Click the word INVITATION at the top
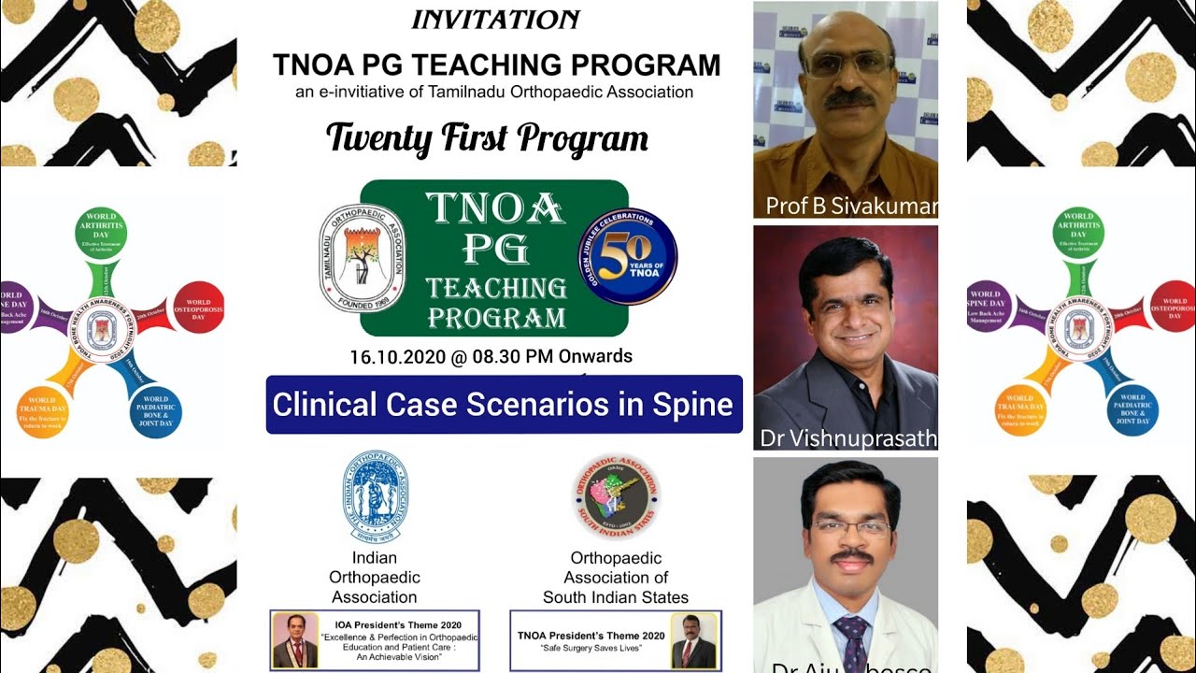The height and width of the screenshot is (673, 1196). point(495,20)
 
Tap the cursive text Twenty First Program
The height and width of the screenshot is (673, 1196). point(487,139)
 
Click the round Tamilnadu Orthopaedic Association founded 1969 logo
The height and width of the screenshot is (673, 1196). point(363,258)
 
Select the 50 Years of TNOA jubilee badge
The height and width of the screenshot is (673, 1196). point(627,256)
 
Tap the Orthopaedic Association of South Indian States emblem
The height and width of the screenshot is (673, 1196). point(616,497)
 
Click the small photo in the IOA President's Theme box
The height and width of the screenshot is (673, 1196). point(294,641)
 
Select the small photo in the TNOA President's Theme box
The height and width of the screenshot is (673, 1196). point(693,641)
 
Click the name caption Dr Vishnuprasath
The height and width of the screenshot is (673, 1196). point(848,438)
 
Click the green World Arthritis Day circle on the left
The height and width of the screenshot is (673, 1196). point(99,233)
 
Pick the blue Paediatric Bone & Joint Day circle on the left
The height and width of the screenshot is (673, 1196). point(156,412)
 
